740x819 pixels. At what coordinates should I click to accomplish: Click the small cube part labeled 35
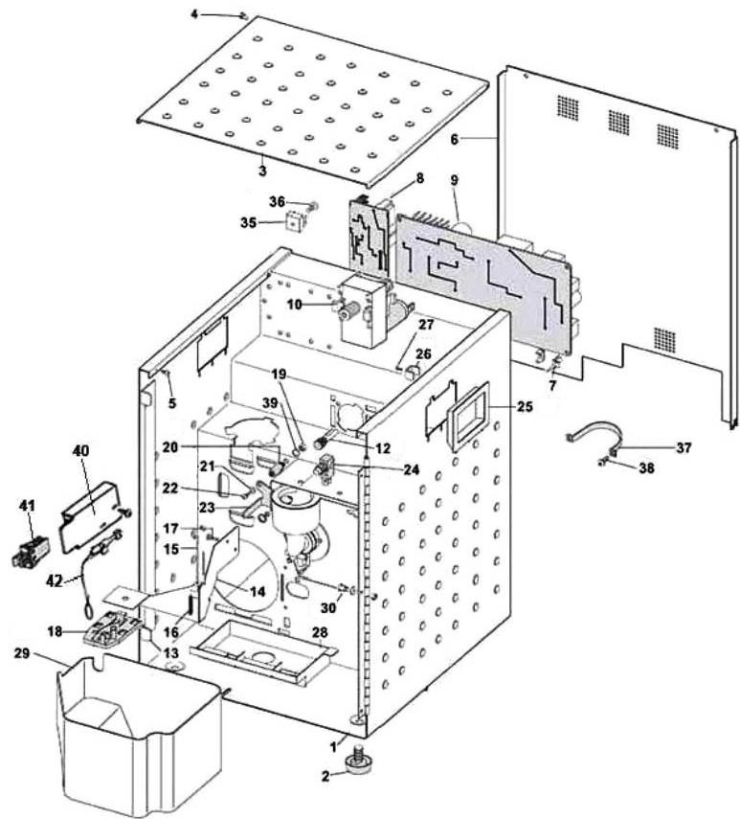tap(297, 221)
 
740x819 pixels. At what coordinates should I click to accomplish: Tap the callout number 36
tap(277, 201)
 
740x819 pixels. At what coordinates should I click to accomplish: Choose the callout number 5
tap(172, 403)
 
